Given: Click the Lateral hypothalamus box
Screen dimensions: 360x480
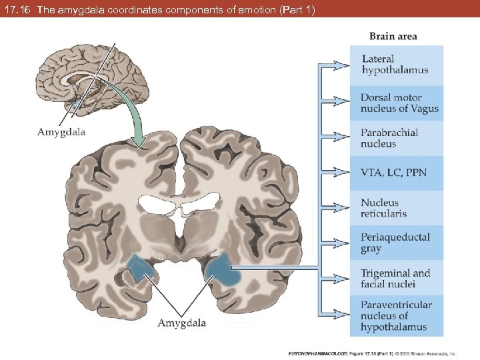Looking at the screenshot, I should point(397,65).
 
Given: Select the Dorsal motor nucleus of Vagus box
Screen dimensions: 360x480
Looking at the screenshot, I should point(397,103).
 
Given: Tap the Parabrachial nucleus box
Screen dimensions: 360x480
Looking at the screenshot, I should point(397,138).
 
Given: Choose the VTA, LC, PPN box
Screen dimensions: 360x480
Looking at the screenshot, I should point(397,173).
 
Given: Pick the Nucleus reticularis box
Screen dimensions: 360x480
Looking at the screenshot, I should point(397,208).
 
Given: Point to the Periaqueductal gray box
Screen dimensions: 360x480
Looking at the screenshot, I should point(397,243).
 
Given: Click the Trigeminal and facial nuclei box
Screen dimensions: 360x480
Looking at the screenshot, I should point(397,278).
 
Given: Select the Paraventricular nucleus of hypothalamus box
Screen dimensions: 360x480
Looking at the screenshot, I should point(397,316).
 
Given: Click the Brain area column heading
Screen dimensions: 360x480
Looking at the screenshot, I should point(393,36).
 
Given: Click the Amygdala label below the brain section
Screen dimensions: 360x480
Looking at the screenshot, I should point(181,323).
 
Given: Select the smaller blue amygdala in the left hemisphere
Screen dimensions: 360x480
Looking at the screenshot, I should point(141,269).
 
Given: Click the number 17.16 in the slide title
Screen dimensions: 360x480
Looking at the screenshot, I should point(17,10).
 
